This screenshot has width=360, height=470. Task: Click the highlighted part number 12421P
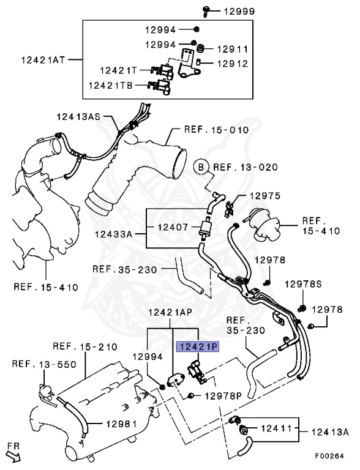(x=198, y=346)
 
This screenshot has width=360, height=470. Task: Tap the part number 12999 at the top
(x=239, y=12)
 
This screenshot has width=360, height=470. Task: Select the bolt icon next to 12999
(x=205, y=11)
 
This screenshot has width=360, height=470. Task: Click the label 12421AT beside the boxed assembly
(x=43, y=59)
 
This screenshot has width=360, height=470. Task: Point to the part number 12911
(x=233, y=49)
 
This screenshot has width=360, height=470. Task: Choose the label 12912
(x=233, y=64)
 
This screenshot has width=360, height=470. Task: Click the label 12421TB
(x=110, y=86)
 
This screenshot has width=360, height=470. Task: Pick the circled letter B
(x=201, y=167)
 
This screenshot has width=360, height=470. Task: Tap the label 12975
(x=265, y=196)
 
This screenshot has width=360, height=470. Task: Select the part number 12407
(x=173, y=227)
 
